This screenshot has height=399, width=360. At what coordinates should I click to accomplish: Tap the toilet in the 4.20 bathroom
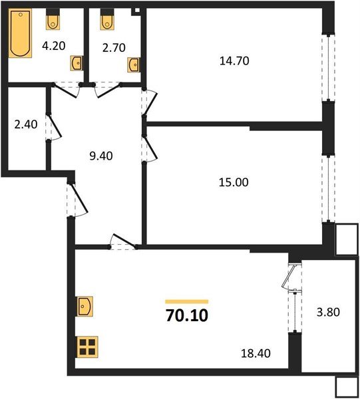point(53,21)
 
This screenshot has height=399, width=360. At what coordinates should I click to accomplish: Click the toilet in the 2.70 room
point(106,21)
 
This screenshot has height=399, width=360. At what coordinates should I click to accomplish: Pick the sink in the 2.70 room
point(134,64)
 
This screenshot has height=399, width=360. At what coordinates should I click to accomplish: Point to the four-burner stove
point(87,346)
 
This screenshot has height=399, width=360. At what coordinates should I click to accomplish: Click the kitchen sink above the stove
point(87,307)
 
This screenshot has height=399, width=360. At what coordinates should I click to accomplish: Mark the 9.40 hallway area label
point(100,157)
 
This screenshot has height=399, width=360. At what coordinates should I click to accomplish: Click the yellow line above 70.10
point(187,301)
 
